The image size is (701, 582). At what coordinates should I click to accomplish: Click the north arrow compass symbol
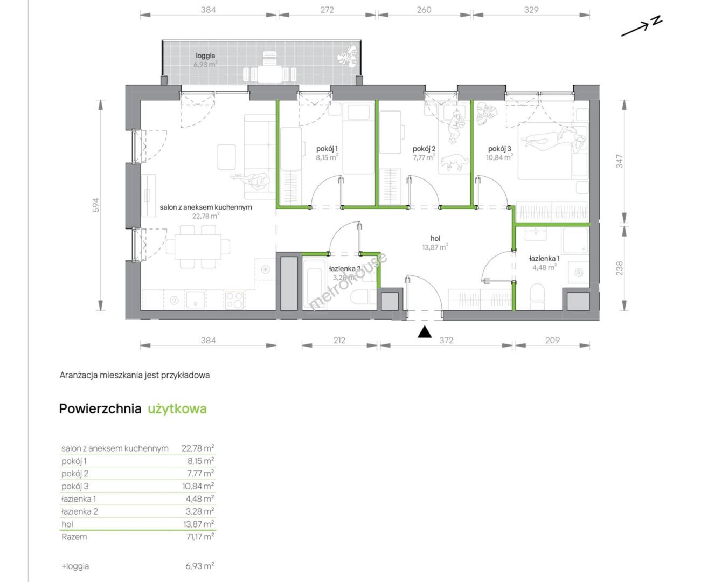pyautogui.click(x=641, y=26)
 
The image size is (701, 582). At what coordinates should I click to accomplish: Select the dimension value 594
pyautogui.click(x=96, y=205)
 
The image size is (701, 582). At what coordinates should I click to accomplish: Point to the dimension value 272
pyautogui.click(x=327, y=10)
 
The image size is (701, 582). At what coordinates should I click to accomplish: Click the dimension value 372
pyautogui.click(x=446, y=340)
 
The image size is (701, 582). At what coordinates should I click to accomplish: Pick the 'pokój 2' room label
pyautogui.click(x=424, y=148)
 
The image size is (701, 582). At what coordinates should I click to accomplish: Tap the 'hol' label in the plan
pyautogui.click(x=435, y=238)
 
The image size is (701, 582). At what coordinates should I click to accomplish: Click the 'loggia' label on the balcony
pyautogui.click(x=205, y=56)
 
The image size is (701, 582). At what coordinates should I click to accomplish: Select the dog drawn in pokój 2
pyautogui.click(x=454, y=162)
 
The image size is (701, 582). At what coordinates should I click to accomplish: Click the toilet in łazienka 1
pyautogui.click(x=537, y=296)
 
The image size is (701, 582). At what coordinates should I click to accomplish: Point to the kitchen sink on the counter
pyautogui.click(x=195, y=300)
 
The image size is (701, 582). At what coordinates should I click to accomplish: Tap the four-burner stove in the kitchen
pyautogui.click(x=234, y=300)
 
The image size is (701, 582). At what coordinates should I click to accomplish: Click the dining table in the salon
pyautogui.click(x=198, y=247)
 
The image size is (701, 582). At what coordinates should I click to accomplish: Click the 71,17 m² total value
pyautogui.click(x=200, y=536)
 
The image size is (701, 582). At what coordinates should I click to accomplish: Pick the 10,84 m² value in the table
pyautogui.click(x=200, y=486)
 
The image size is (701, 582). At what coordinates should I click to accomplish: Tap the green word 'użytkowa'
pyautogui.click(x=177, y=408)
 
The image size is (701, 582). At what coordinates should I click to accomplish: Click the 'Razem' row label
pyautogui.click(x=74, y=537)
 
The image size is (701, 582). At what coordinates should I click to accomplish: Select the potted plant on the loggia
pyautogui.click(x=347, y=57)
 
